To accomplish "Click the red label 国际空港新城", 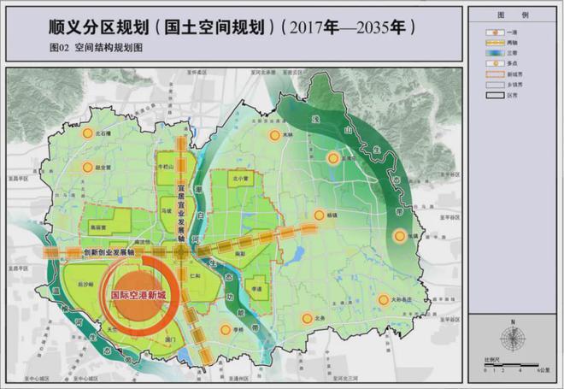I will [140, 295].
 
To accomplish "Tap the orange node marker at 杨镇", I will [319, 215].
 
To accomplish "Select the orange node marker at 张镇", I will [399, 236].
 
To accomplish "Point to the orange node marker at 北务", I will [305, 318].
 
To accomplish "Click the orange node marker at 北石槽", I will [86, 134].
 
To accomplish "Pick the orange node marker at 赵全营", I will [85, 167].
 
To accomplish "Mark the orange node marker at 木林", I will [274, 134].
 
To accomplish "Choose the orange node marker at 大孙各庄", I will [372, 299].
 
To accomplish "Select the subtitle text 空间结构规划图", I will [109, 50].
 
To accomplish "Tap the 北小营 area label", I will [241, 180].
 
